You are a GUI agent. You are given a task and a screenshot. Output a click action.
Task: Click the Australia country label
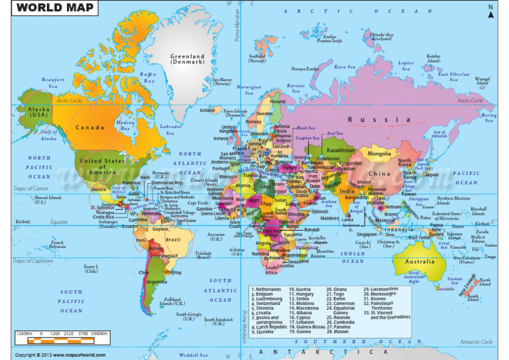pos(420,261)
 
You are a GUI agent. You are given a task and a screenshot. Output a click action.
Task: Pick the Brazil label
pos(173,239)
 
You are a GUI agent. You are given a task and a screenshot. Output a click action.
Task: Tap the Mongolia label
pos(379,154)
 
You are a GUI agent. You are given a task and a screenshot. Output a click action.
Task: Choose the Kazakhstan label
pos(341,150)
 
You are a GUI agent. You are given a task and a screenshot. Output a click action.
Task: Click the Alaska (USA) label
pos(38,112)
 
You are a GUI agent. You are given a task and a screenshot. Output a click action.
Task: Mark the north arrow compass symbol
pos(490,11)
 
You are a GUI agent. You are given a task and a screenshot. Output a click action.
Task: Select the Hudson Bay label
pos(126,124)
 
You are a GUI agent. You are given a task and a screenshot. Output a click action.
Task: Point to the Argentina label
pos(156,282)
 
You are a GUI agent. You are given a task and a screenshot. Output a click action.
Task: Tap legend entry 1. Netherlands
pos(267,290)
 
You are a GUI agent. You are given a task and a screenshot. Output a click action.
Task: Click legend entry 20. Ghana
pos(336,290)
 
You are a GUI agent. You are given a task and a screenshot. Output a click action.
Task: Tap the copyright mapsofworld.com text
pos(60,355)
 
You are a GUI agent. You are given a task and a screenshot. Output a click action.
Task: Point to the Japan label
pos(431,175)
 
